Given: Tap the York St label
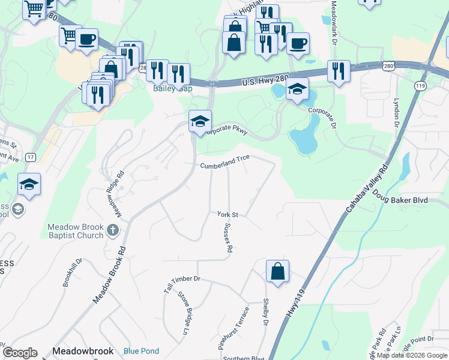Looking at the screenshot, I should (228, 214).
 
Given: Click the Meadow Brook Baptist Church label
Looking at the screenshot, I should (76, 231).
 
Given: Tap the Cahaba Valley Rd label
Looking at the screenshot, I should (368, 189).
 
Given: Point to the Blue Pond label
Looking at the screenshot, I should (141, 351).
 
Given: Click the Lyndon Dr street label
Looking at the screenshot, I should (397, 113).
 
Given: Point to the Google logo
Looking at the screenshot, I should (20, 353).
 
